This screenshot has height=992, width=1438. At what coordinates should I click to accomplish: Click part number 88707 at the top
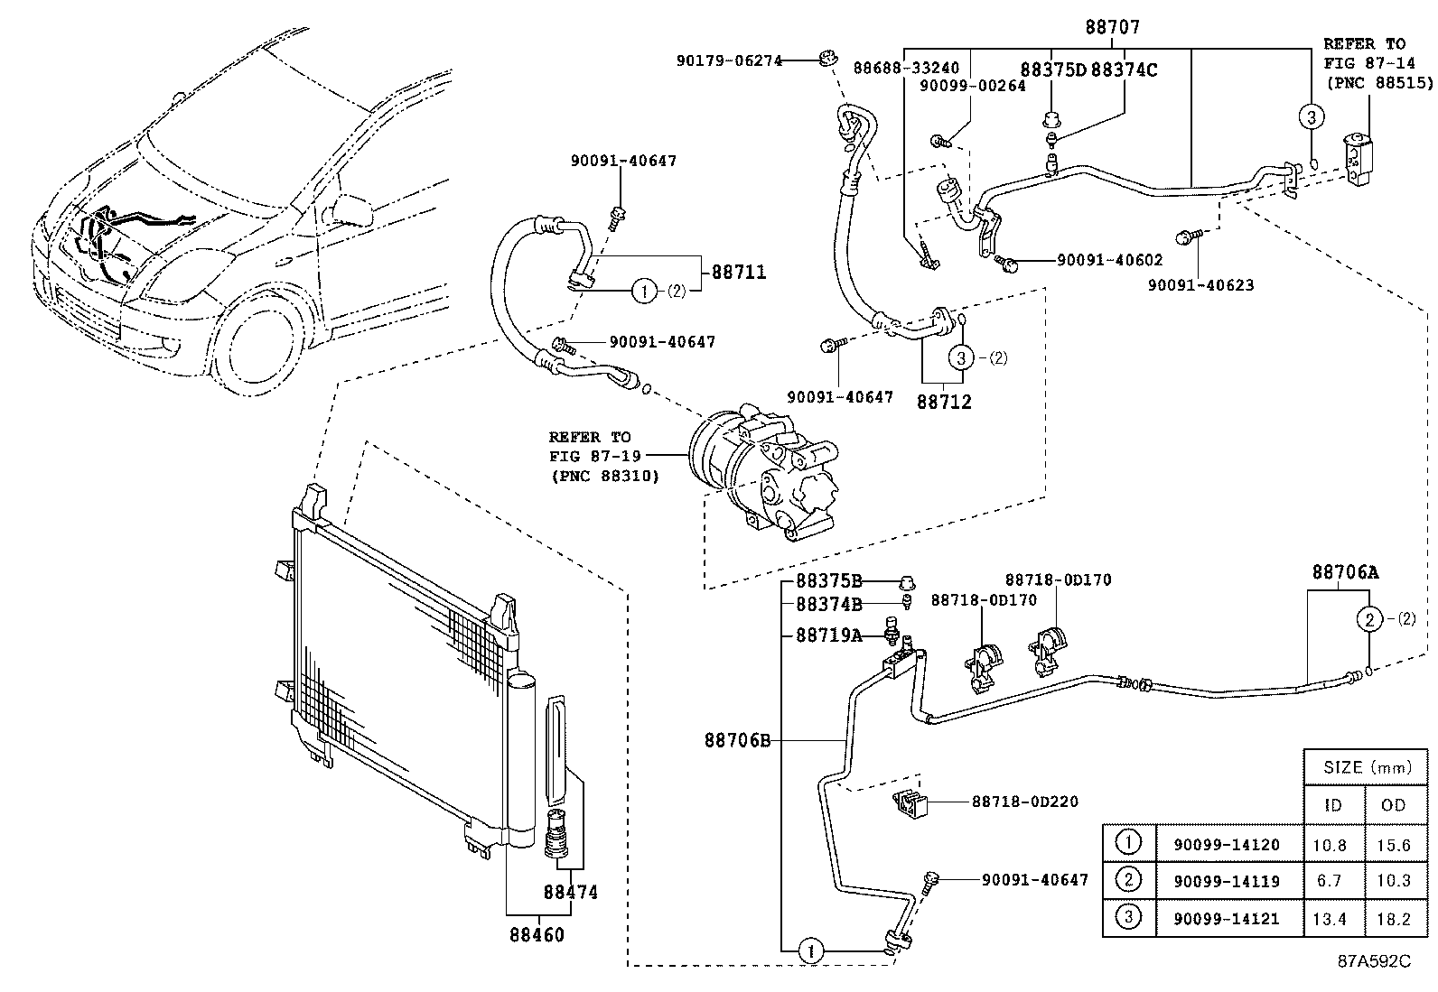point(1112,27)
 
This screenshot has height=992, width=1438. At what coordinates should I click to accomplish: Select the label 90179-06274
point(729,60)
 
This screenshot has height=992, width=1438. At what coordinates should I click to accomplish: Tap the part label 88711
point(738,272)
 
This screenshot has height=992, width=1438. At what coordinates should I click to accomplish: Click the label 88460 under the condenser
point(536,934)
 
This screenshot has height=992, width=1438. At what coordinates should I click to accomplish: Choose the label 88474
point(570,892)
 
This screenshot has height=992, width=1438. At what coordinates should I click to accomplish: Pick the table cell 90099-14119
point(1226,881)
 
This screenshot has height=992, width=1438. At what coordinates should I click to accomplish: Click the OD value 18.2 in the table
point(1393,919)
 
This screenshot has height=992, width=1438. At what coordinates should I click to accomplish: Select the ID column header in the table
point(1332,805)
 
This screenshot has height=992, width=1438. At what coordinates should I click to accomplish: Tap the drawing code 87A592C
point(1373,960)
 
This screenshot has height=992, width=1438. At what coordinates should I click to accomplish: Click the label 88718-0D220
point(1024,802)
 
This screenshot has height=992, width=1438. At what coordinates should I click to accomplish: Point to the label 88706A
point(1345,572)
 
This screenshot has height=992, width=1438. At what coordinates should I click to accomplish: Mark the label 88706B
point(737,741)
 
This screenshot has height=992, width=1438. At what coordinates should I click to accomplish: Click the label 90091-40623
point(1200,285)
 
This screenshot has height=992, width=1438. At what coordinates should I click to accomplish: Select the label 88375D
point(1053,70)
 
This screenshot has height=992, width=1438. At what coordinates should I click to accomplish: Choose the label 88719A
point(828,635)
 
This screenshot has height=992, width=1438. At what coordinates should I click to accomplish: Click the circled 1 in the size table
point(1128,843)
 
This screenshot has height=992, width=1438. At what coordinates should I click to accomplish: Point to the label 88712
point(944,402)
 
